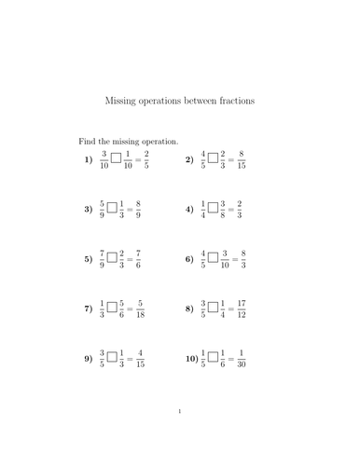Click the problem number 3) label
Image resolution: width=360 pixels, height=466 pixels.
coord(89,210)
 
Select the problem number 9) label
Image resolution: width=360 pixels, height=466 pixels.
coord(89,357)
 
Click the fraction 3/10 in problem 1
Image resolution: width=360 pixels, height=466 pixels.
coord(104,159)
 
